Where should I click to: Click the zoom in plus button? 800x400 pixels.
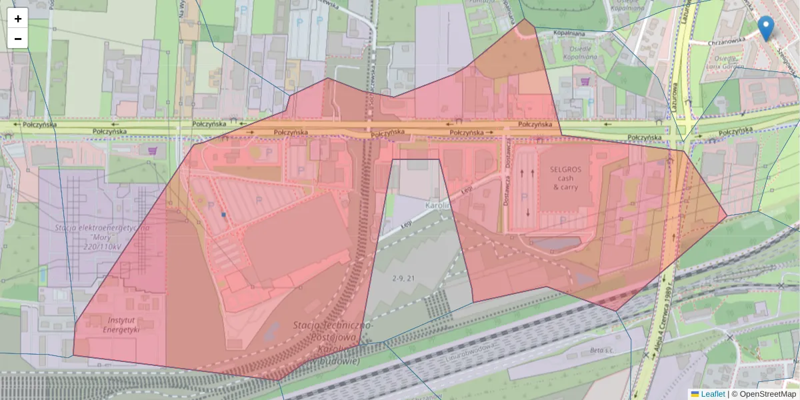click(18, 19)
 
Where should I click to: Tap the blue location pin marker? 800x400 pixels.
click(766, 28)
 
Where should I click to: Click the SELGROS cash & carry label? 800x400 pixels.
click(566, 178)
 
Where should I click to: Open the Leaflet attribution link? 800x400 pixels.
click(713, 394)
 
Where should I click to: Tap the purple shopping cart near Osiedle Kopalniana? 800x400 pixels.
click(585, 81)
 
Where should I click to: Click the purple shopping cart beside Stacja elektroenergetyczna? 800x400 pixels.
click(153, 150)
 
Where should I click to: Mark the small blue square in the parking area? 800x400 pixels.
click(223, 215)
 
